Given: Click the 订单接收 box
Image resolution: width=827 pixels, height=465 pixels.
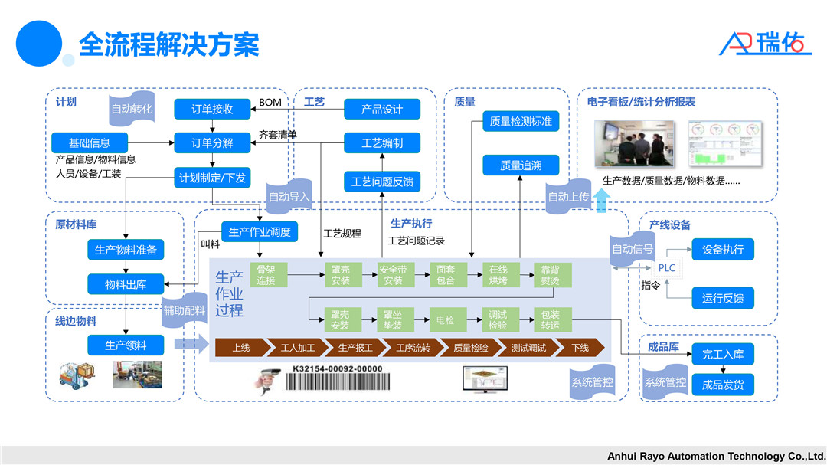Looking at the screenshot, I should (212, 109).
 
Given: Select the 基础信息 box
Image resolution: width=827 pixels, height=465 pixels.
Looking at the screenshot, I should (90, 142).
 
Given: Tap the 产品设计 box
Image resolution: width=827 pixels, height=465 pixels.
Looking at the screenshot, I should (382, 109).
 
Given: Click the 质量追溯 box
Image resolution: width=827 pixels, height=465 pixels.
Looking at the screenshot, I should (520, 165).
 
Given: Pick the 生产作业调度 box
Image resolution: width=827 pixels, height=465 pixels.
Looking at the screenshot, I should (259, 232).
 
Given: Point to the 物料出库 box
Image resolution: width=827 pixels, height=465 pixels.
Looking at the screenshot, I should (126, 284).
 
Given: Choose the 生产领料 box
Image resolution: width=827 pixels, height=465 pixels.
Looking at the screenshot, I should (126, 345).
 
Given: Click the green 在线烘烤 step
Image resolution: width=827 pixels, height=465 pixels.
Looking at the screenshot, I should (498, 275).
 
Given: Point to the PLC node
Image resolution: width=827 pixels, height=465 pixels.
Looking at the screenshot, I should (666, 268).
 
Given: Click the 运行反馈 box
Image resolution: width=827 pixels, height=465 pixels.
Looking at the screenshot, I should (722, 298).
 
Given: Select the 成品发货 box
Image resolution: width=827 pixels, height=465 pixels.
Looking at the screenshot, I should (722, 385).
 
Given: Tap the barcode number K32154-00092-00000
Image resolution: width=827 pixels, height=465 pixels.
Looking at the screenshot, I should (337, 368).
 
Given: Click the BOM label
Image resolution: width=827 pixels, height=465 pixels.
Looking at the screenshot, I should (270, 103).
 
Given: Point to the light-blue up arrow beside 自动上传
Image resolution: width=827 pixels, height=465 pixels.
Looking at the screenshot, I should (602, 200).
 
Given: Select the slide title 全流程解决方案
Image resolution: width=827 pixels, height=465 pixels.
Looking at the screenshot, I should (169, 44).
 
